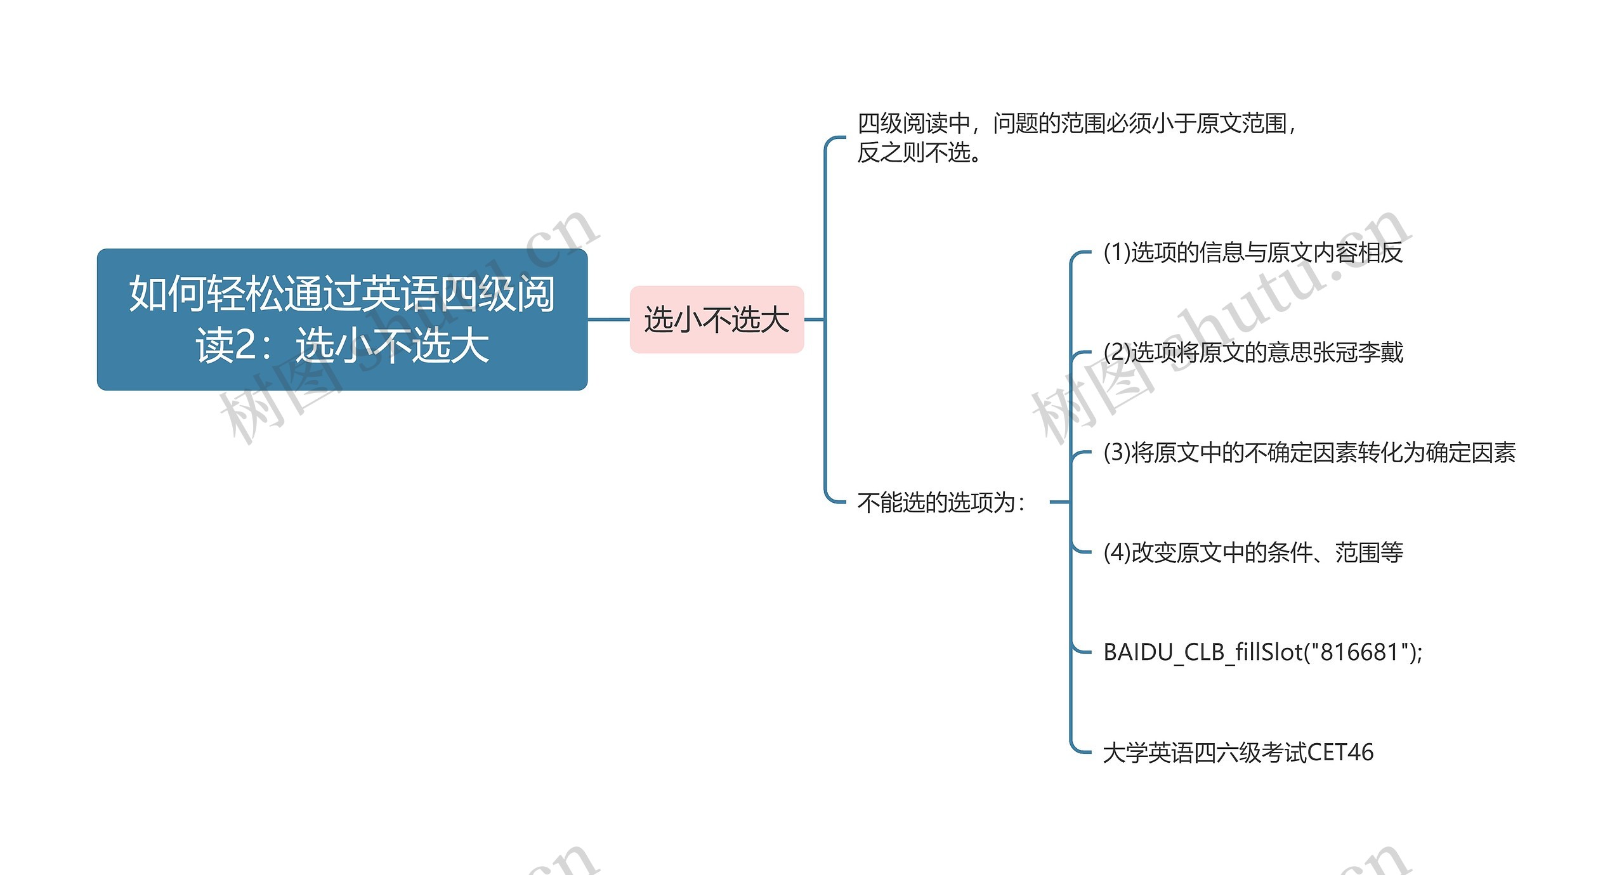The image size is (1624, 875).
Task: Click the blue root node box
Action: coord(342,319)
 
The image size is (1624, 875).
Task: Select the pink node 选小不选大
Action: coord(716,319)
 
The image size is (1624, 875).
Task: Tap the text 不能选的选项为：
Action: coord(941,503)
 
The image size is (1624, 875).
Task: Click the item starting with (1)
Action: coord(1252,253)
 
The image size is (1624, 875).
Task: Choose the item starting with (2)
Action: coord(1252,353)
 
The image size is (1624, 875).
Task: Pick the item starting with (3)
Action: coord(1309,453)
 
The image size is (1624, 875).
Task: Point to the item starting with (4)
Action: coord(1252,553)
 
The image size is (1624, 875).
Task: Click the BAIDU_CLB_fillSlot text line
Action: coord(1262,652)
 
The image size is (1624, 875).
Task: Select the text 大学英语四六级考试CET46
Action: coord(1238,753)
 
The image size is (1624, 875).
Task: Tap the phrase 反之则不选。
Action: coord(920,153)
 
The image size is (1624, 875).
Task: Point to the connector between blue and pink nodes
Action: coord(608,320)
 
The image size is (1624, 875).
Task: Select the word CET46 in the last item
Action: coord(1340,753)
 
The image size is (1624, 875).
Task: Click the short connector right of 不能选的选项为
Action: coord(1059,502)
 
